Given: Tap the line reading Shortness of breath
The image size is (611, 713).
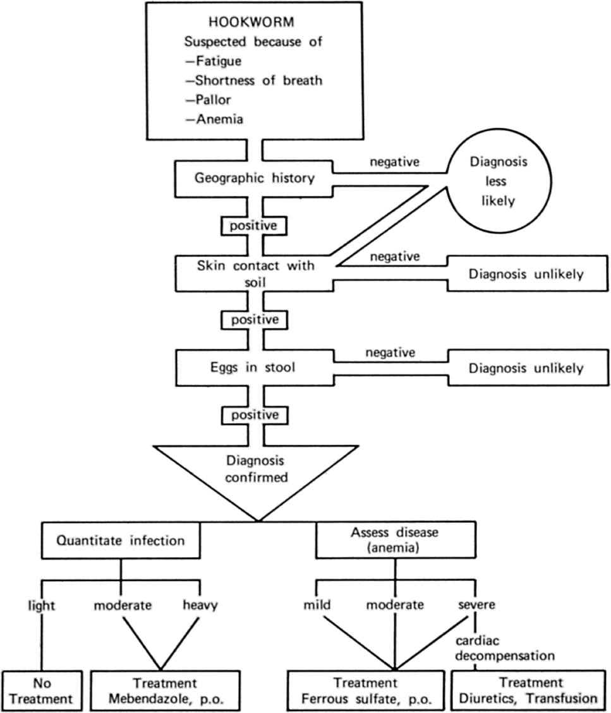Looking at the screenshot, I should tap(253, 80).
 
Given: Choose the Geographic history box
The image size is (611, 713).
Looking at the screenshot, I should tap(254, 178).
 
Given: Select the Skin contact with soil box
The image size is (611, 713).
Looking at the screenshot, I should tap(254, 273).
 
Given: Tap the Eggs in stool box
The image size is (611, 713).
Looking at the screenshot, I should tap(254, 368).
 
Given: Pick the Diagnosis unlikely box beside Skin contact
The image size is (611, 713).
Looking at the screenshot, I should tap(526, 275).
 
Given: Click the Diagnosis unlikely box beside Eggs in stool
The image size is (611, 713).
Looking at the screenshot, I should tap(526, 368).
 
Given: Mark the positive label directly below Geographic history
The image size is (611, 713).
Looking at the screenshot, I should tap(254, 225).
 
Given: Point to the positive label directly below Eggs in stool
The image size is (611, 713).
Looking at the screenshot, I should tap(254, 415).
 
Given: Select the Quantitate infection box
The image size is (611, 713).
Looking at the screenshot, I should tap(121, 541).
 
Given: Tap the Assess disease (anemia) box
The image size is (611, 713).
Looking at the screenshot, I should tap(395, 540).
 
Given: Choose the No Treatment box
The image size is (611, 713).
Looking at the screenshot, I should tap(42, 691).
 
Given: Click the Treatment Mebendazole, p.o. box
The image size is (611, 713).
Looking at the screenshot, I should tap(166, 691).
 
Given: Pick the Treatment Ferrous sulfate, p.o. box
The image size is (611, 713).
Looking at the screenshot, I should tap(366, 691).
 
